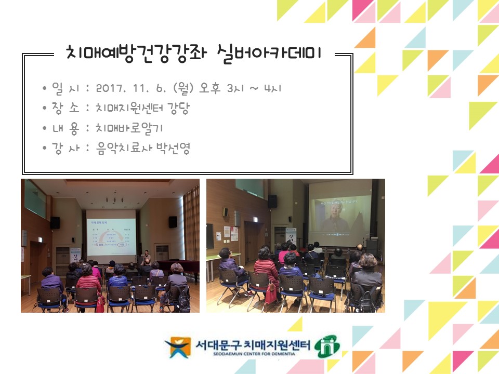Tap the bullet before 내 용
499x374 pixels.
(x=45, y=128)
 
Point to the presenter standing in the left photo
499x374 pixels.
(x=147, y=256)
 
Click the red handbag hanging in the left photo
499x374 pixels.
(x=100, y=304)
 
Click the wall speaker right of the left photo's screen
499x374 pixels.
(x=173, y=221)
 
